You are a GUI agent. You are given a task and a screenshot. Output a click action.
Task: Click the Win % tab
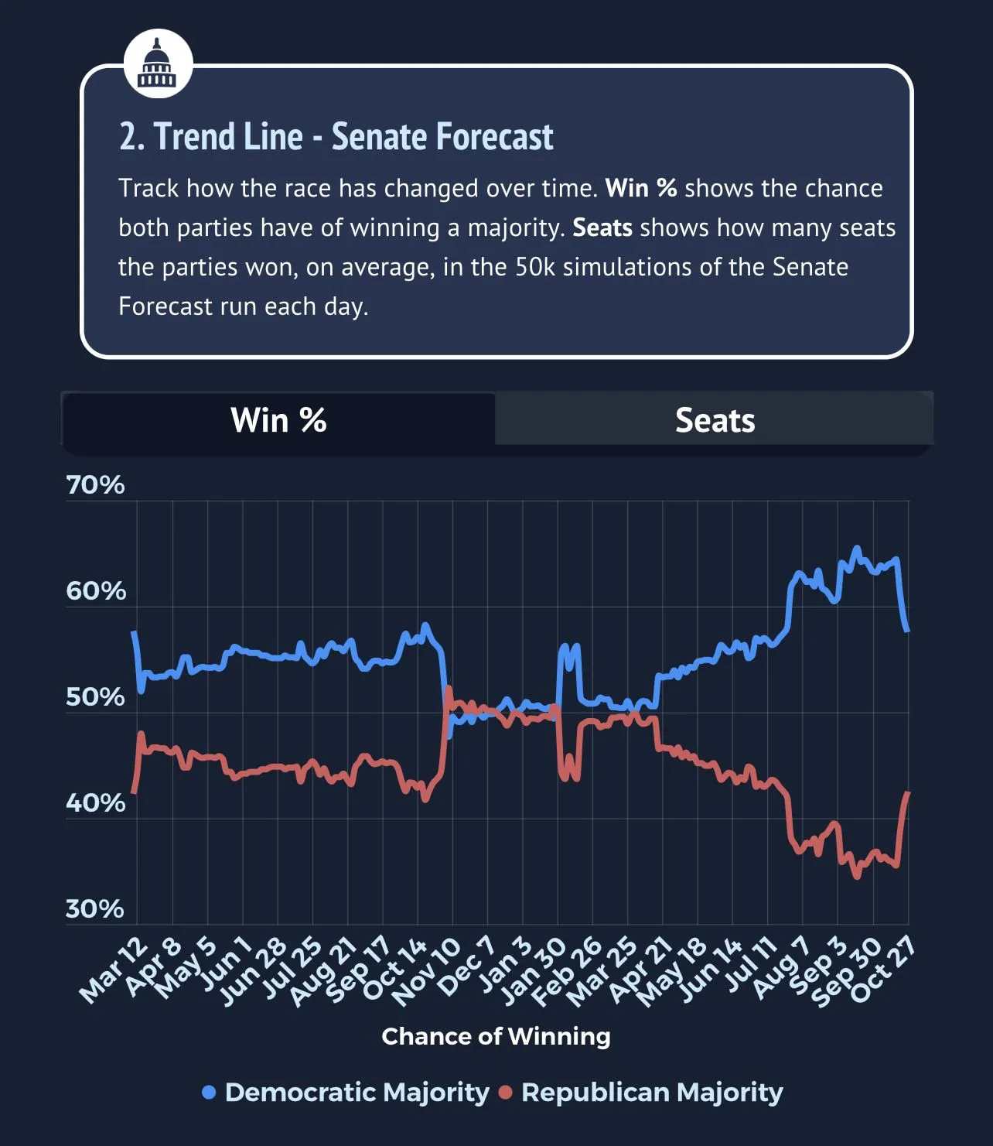pyautogui.click(x=278, y=420)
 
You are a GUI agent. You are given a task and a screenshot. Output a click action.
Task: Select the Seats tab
pyautogui.click(x=715, y=420)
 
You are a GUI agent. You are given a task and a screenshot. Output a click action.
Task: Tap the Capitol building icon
pyautogui.click(x=158, y=63)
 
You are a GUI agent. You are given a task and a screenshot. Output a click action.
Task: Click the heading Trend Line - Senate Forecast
pyautogui.click(x=336, y=137)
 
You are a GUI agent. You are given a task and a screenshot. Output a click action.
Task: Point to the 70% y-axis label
pyautogui.click(x=95, y=485)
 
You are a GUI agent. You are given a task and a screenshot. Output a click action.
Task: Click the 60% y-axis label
pyautogui.click(x=96, y=591)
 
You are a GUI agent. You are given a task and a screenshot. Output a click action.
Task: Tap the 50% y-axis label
pyautogui.click(x=95, y=697)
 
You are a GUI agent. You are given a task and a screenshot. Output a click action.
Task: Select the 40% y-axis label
pyautogui.click(x=95, y=803)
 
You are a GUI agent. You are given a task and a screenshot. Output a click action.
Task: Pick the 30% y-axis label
pyautogui.click(x=95, y=909)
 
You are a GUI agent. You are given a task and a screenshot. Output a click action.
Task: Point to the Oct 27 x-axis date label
pyautogui.click(x=883, y=969)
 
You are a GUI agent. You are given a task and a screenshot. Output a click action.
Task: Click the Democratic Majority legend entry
pyautogui.click(x=357, y=1093)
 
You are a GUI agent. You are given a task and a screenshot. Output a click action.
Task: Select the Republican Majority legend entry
pyautogui.click(x=651, y=1093)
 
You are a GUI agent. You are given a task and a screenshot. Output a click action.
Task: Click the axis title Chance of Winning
pyautogui.click(x=496, y=1036)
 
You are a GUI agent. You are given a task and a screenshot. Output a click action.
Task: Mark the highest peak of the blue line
pyautogui.click(x=856, y=549)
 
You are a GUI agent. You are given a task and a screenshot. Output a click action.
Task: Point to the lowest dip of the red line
pyautogui.click(x=856, y=877)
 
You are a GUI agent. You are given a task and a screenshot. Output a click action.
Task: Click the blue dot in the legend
pyautogui.click(x=208, y=1093)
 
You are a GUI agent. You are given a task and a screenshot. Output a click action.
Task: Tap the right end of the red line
pyautogui.click(x=908, y=793)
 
